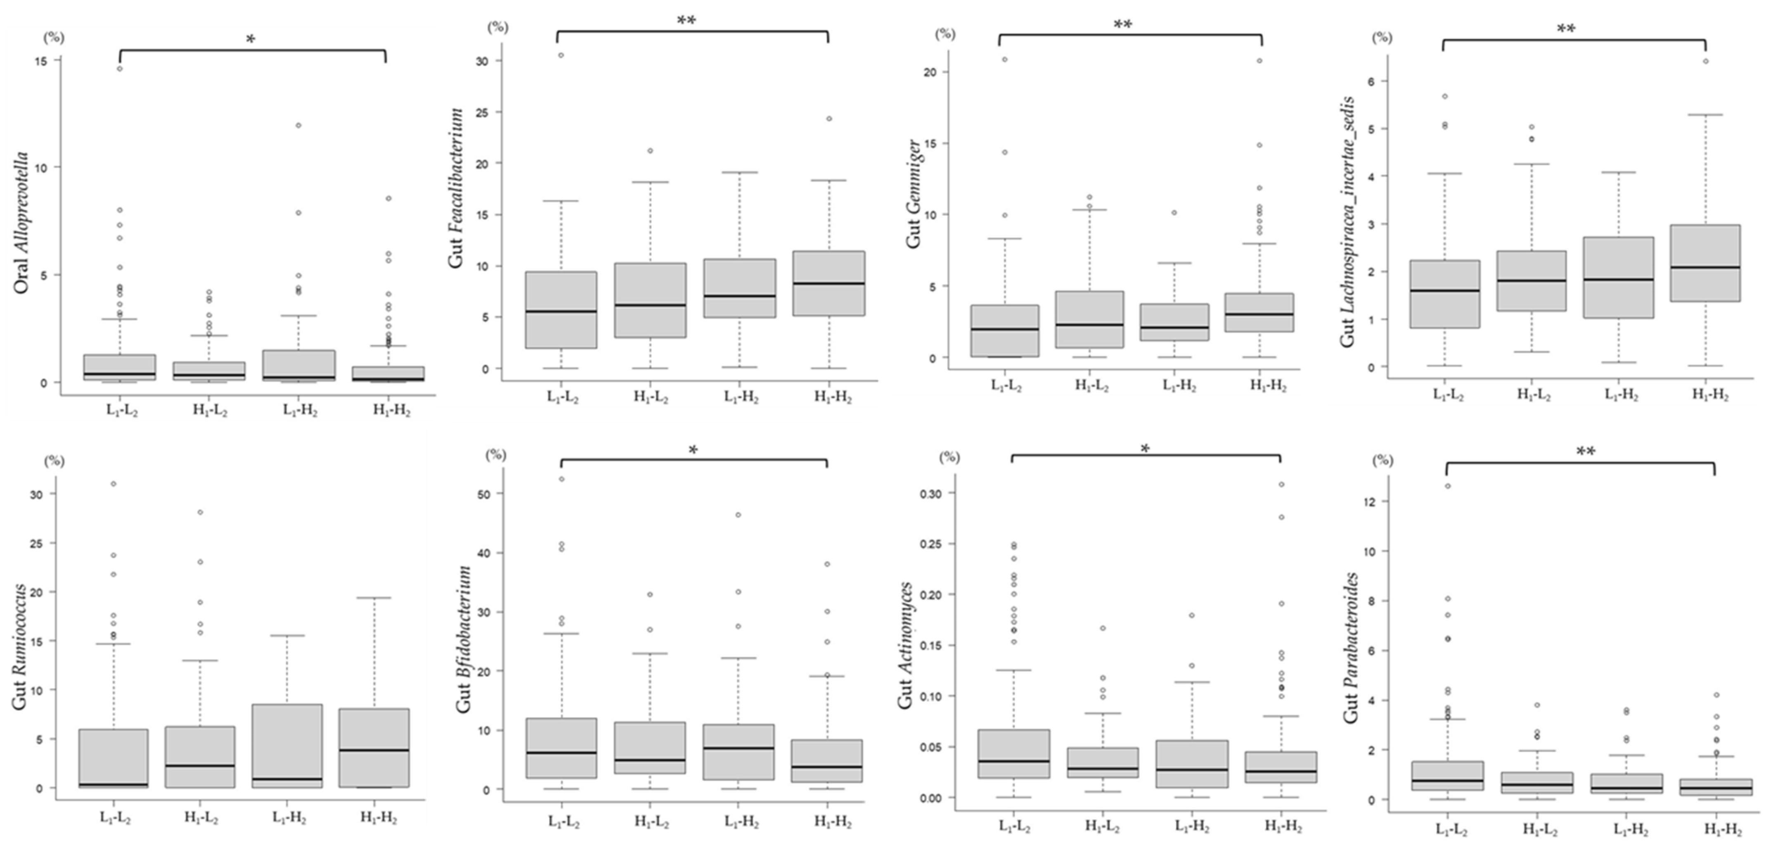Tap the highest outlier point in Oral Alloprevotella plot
point(119,69)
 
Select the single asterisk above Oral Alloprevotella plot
point(251,39)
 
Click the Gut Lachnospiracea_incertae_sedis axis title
point(1347,221)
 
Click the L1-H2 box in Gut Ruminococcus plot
point(288,746)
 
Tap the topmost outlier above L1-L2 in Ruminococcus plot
point(113,483)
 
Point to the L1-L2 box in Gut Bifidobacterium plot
point(561,748)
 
